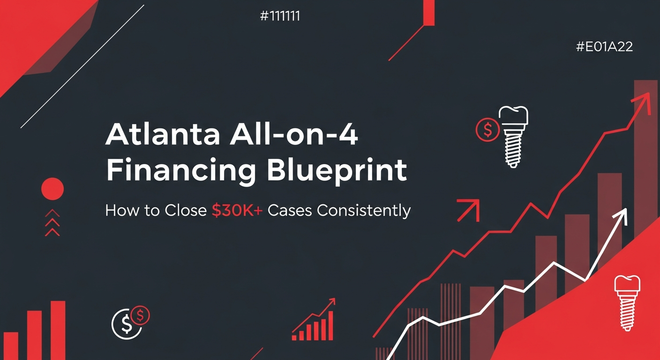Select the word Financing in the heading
point(181,171)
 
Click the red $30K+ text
point(237,210)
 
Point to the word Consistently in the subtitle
point(363,210)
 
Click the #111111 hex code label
point(279,16)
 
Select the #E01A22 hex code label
point(605,47)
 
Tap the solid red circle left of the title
point(52,189)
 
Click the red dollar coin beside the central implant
point(487,130)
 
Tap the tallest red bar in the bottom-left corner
point(58,330)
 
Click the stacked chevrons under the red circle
point(52,223)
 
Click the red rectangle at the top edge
point(429,12)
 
